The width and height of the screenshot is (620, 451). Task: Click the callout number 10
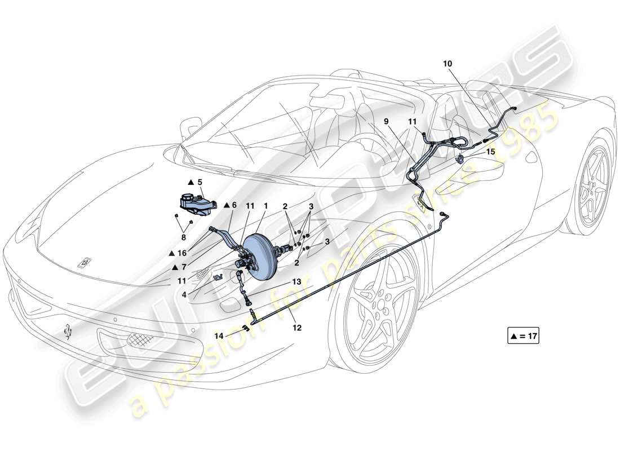coord(447,64)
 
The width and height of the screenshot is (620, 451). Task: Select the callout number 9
coord(387,121)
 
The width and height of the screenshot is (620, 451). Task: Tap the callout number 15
coord(490,152)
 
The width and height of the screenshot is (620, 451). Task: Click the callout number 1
coord(265,206)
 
